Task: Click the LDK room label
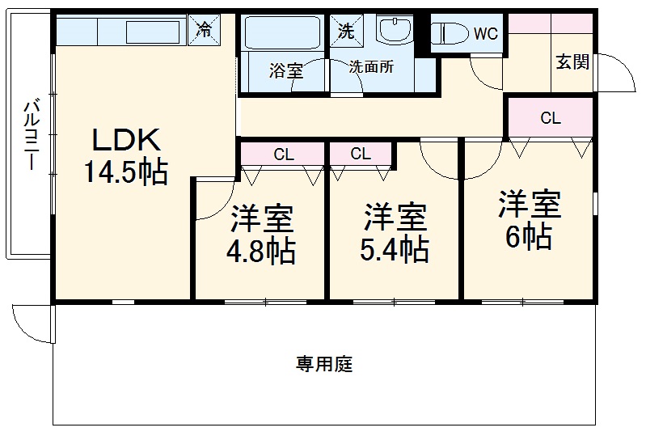tap(126, 141)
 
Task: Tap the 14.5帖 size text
tap(126, 171)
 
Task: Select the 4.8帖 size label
tap(260, 252)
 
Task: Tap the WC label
tap(486, 33)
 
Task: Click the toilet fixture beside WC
tap(449, 34)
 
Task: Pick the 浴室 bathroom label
tap(286, 70)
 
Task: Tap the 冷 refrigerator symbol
tap(205, 30)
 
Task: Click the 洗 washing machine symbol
tap(346, 32)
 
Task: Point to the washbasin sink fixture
tap(396, 32)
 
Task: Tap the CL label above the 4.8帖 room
tap(282, 153)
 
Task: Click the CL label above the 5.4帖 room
tap(361, 153)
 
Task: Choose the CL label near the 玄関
tap(550, 118)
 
